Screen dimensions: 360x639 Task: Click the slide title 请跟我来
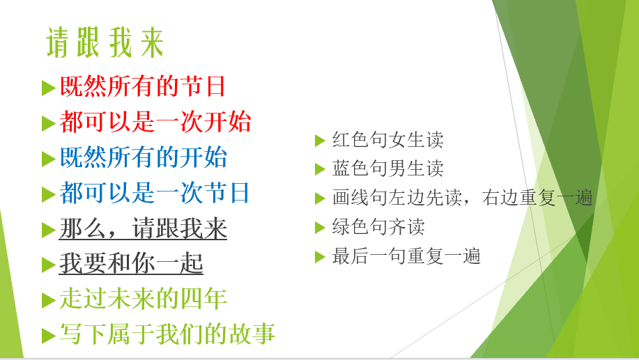[105, 43]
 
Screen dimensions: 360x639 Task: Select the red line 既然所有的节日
[143, 86]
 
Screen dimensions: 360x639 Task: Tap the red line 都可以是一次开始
[155, 122]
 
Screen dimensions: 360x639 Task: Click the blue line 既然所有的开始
[144, 157]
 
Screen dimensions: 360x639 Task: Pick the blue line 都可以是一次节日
[155, 193]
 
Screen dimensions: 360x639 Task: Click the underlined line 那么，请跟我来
[143, 228]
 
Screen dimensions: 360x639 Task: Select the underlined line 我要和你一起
[131, 263]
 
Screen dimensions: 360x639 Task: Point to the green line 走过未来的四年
[143, 299]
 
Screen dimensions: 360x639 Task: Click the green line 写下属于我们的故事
[167, 334]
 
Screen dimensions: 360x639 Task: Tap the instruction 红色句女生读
[387, 140]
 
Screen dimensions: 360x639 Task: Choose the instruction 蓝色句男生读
[387, 169]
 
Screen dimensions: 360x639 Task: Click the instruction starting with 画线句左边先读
[462, 198]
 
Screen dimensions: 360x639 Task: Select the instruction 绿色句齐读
[378, 228]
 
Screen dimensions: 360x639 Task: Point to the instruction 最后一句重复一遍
[406, 256]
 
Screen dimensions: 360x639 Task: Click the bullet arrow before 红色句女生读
[320, 141]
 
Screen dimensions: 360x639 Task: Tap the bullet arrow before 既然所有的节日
[48, 88]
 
